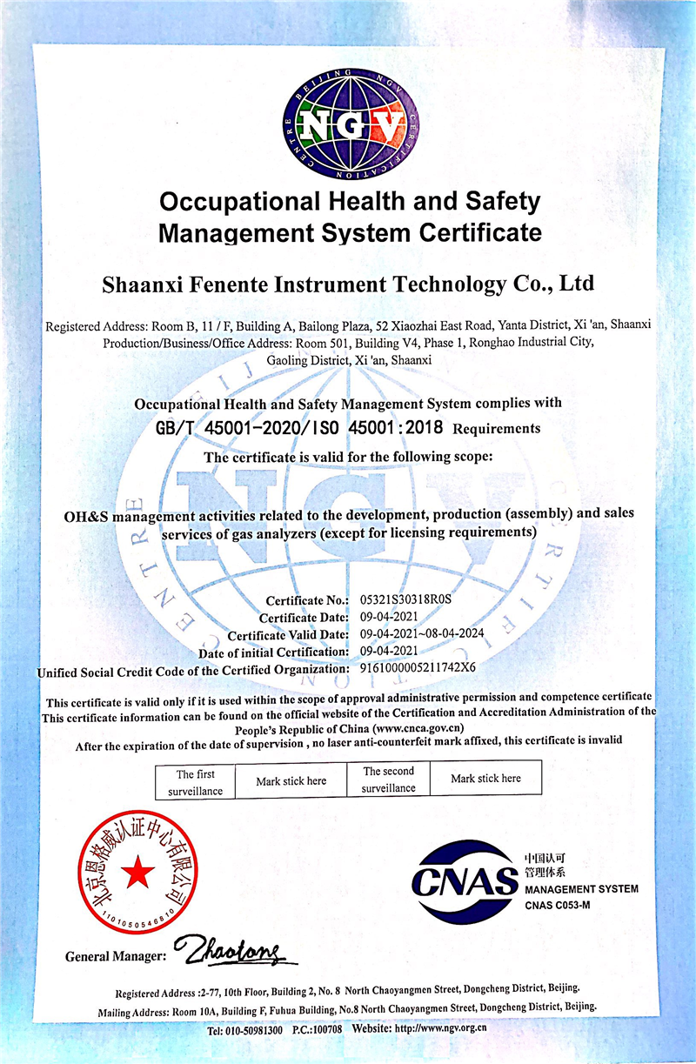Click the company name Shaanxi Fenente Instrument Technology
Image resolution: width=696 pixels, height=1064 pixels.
click(348, 284)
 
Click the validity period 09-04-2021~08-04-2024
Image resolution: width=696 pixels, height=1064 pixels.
click(421, 633)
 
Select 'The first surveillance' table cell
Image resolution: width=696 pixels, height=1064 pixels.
click(195, 782)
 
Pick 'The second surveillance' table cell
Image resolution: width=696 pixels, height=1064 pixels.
click(389, 779)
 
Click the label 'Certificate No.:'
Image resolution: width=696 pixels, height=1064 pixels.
click(304, 600)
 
